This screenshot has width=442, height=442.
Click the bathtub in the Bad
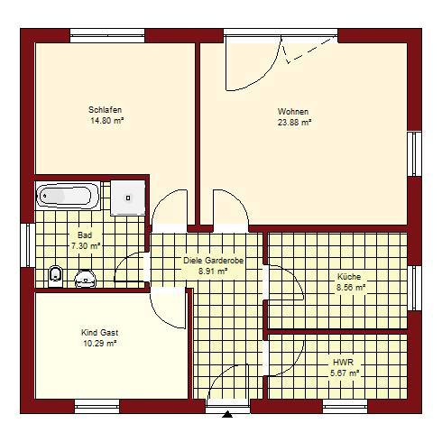click(x=68, y=196)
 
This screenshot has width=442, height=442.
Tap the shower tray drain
click(x=128, y=198)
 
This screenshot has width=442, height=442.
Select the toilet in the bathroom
click(x=56, y=276)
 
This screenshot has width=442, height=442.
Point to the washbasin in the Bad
click(x=86, y=279)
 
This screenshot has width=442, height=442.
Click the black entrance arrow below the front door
click(x=227, y=414)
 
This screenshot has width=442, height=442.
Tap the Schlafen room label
click(x=105, y=110)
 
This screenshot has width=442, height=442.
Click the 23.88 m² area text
click(x=294, y=123)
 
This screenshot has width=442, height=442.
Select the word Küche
click(x=349, y=276)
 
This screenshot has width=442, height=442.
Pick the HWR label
click(x=343, y=363)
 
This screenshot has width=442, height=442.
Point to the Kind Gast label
click(x=99, y=333)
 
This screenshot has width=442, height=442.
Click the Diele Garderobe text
click(x=214, y=261)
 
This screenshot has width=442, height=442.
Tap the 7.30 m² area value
click(x=86, y=246)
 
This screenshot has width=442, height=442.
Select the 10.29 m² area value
click(x=100, y=343)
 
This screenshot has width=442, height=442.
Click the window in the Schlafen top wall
click(x=107, y=36)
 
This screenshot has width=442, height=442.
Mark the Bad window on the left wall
click(x=28, y=245)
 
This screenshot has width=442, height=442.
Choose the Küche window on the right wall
click(x=415, y=288)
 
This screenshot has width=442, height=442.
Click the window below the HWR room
click(x=345, y=407)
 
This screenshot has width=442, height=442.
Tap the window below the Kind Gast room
click(x=97, y=407)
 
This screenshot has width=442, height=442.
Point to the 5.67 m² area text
click(x=345, y=373)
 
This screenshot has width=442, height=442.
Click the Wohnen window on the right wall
click(x=415, y=153)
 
